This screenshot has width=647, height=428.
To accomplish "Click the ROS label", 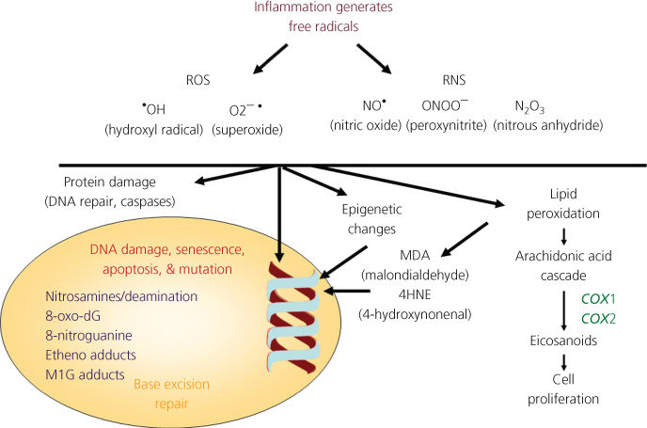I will pyautogui.click(x=198, y=82).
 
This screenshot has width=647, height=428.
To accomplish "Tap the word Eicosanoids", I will pyautogui.click(x=558, y=341).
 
